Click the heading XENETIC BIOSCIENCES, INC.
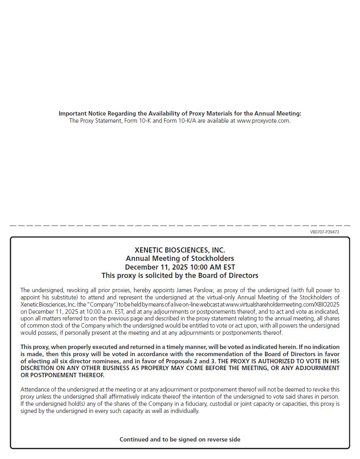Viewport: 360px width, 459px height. click(180, 250)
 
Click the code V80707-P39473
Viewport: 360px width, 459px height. click(324, 232)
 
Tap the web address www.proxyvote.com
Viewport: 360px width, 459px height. click(263, 121)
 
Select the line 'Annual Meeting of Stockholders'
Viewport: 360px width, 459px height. click(180, 258)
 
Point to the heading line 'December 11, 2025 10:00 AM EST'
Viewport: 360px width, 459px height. click(180, 267)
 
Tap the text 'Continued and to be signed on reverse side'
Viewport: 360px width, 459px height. click(180, 439)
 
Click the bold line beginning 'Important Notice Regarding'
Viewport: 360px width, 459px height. click(180, 114)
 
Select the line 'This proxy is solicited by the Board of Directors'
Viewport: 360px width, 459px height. click(180, 276)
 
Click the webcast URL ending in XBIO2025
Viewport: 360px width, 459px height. click(282, 305)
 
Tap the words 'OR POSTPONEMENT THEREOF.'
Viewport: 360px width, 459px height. click(62, 375)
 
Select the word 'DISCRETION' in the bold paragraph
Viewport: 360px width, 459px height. click(37, 368)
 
